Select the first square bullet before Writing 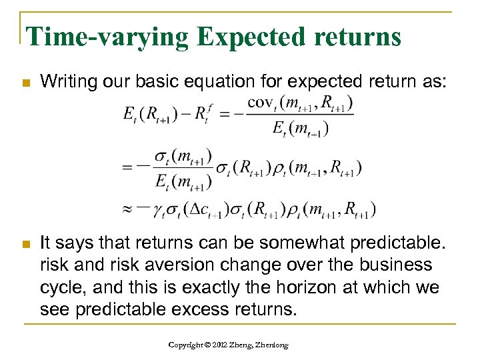pos(25,83)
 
